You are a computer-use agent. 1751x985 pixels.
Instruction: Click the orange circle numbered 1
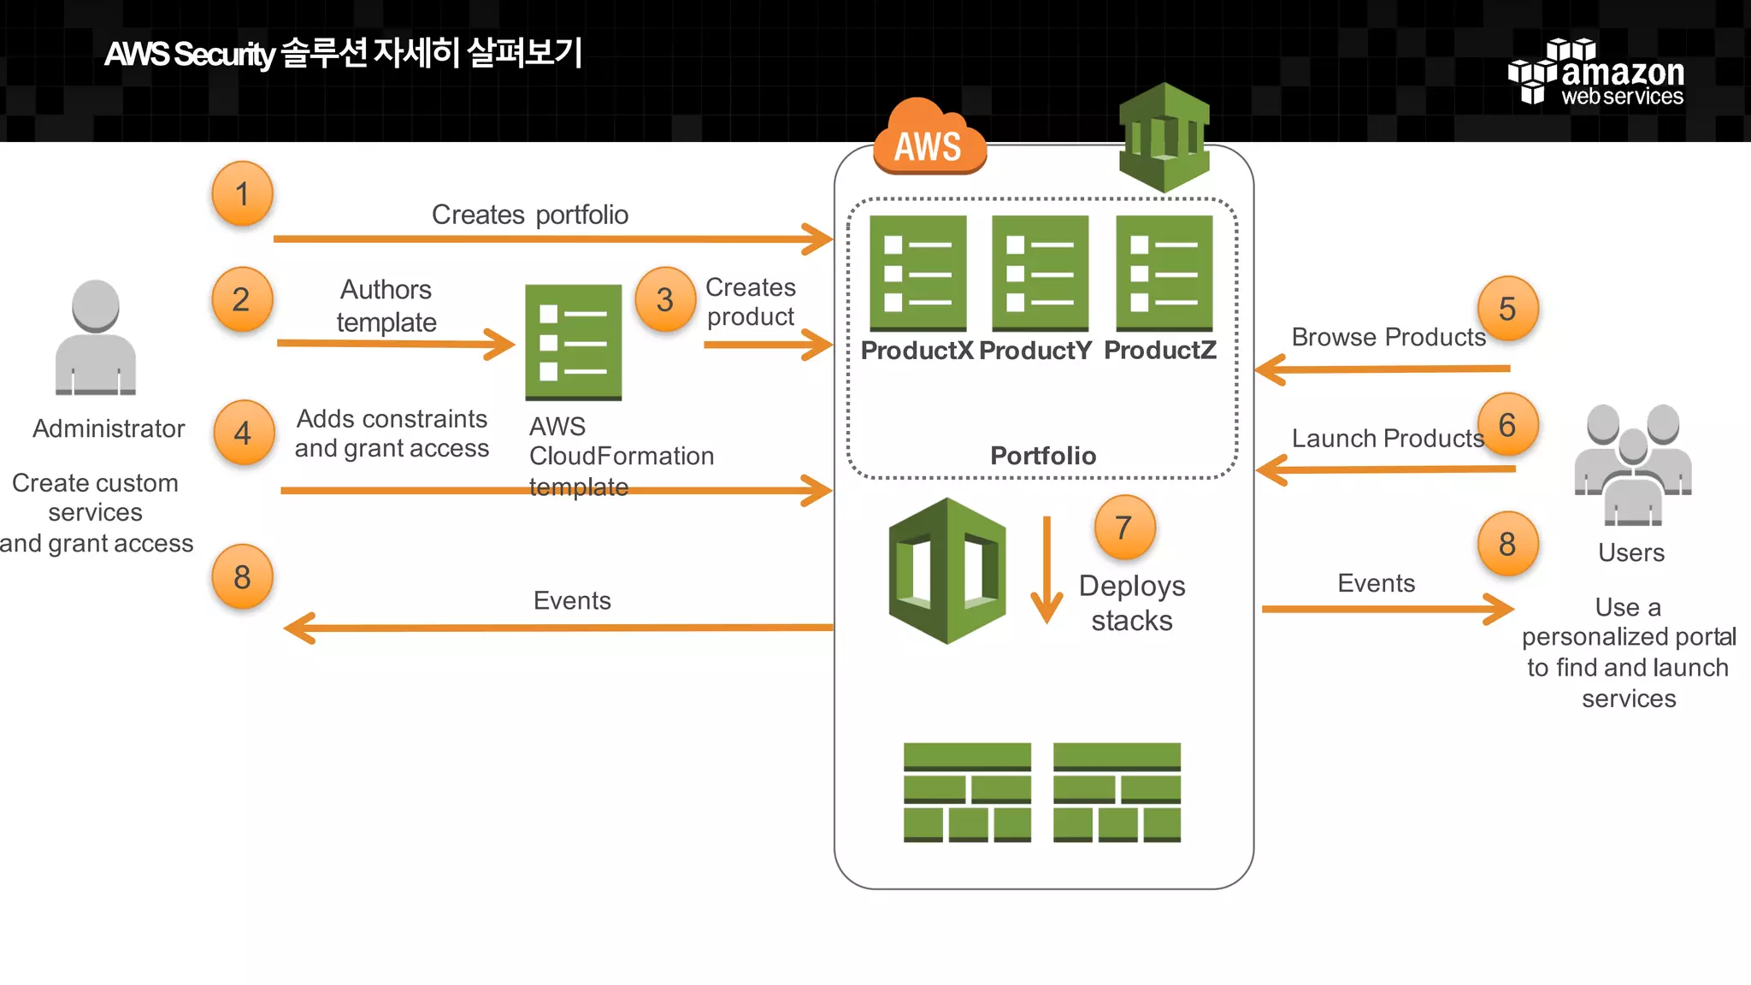242,193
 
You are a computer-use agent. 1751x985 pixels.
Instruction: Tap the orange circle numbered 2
242,299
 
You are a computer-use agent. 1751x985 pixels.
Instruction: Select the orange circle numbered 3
665,299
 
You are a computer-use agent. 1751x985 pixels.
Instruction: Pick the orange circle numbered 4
243,433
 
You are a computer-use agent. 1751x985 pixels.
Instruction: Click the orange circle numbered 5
1507,309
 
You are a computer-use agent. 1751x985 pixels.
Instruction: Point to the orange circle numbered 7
1124,528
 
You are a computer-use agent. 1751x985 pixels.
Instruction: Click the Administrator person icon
96,338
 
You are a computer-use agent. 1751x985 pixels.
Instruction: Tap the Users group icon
1633,463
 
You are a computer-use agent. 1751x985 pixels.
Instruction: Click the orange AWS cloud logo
929,138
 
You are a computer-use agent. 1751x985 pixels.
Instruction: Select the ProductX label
917,351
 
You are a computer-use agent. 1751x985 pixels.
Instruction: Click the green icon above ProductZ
1164,273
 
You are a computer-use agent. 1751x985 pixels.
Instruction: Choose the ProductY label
1035,351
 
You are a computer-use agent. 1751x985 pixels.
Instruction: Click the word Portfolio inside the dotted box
1042,456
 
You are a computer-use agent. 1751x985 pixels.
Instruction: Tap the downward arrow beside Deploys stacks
1046,570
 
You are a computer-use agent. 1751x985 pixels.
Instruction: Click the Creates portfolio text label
529,215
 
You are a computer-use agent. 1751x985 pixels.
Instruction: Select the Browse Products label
1388,337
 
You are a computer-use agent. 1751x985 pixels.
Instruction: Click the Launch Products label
1387,439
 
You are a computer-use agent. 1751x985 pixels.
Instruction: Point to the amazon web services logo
1596,73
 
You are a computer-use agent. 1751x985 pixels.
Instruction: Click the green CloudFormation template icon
573,342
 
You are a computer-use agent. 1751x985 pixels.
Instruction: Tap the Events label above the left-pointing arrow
572,600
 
